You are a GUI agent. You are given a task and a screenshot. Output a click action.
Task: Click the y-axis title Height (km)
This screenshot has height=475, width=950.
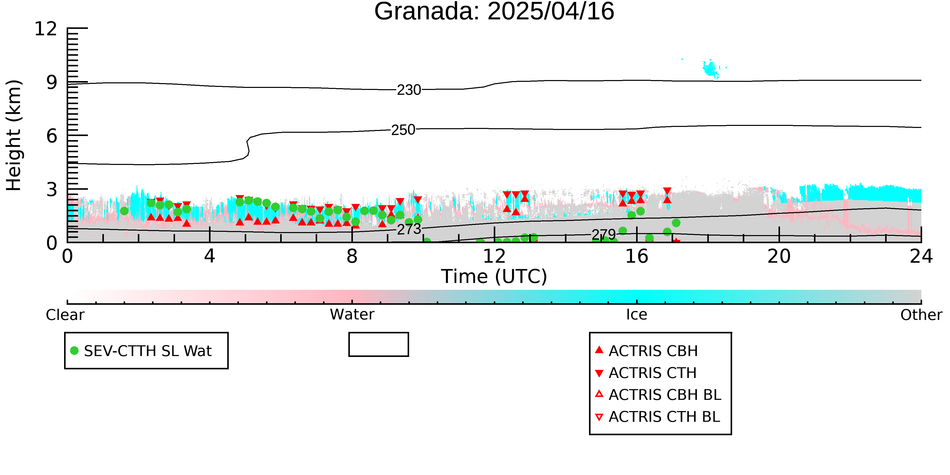[x=14, y=135]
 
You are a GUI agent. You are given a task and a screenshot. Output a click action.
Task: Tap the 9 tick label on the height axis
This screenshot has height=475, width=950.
[x=52, y=82]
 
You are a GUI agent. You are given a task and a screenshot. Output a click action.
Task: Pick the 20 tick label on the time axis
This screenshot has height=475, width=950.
[x=779, y=256]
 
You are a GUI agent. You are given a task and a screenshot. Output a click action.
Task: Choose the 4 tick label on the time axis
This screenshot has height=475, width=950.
[x=210, y=256]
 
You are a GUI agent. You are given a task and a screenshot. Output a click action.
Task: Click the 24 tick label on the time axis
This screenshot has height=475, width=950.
[x=921, y=256]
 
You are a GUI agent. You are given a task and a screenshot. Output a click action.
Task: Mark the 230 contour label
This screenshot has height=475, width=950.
[x=409, y=90]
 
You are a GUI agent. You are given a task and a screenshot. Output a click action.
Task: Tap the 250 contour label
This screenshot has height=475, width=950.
[x=403, y=130]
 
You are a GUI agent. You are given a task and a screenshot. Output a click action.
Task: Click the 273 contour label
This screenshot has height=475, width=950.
[x=409, y=229]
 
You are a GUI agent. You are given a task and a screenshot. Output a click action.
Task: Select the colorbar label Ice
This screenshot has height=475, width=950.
[x=637, y=315]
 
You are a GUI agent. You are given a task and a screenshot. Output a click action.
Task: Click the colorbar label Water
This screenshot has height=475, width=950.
[x=352, y=315]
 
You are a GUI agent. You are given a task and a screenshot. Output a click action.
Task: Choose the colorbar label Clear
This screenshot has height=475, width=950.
[x=65, y=315]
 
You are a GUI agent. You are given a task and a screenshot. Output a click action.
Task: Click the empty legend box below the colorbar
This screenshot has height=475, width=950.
[x=379, y=345]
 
